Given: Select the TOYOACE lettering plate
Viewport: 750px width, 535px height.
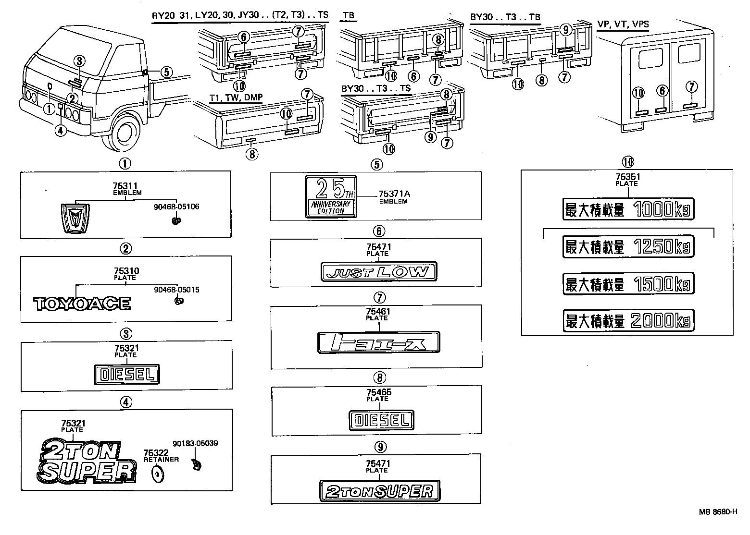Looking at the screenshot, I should tap(82, 304).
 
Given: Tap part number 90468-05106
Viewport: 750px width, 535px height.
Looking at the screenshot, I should tap(177, 207).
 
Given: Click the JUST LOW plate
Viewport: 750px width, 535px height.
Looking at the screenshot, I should tap(378, 272).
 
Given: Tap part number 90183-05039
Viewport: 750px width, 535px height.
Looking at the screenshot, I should tap(195, 443).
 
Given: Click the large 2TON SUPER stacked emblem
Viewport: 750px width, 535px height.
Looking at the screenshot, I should tap(86, 461).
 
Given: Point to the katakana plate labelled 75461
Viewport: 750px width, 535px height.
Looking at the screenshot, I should tap(379, 343).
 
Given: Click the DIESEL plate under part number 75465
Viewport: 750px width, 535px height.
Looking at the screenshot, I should tap(381, 420).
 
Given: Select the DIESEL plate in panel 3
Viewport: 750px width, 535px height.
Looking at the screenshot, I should tap(126, 375).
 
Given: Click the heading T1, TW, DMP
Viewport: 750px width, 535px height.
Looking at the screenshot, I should tap(236, 97).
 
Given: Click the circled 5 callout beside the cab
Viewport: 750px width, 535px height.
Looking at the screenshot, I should tap(165, 73).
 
